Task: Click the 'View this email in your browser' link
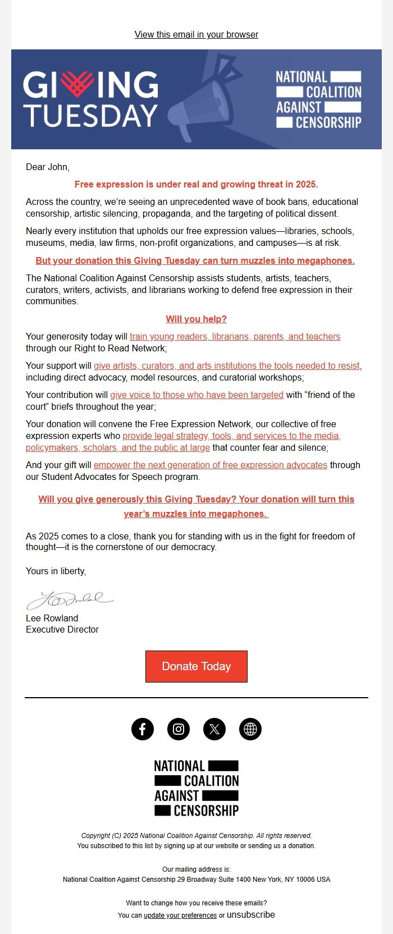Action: click(x=196, y=35)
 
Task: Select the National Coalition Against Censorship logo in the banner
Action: click(x=318, y=99)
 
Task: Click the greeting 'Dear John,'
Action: click(x=48, y=167)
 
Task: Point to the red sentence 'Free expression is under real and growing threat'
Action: click(x=196, y=184)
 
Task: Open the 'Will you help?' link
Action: click(x=196, y=319)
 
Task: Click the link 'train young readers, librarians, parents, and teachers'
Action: click(x=235, y=336)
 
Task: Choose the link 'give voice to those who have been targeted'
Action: click(x=196, y=395)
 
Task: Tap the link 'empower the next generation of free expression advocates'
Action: click(x=210, y=465)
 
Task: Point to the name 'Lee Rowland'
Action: click(x=52, y=618)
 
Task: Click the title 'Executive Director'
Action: click(x=62, y=629)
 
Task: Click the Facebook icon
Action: click(x=143, y=729)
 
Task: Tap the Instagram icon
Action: click(x=179, y=729)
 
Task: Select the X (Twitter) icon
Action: click(x=214, y=729)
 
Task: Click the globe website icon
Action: click(x=250, y=729)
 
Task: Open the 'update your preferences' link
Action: click(x=180, y=915)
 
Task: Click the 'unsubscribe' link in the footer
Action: click(x=250, y=914)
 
